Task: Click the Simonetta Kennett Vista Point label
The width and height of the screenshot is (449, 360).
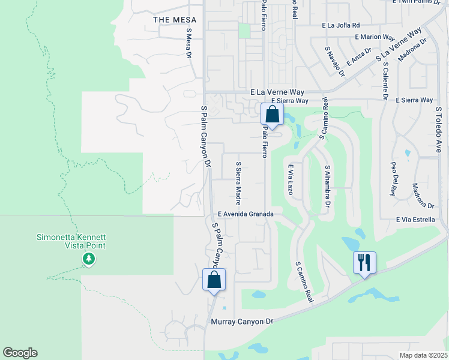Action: [x=70, y=241]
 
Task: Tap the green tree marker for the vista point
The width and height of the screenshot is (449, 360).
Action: [x=89, y=259]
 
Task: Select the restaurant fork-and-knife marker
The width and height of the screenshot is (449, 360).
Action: [x=364, y=263]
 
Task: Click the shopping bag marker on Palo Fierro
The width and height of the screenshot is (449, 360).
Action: [x=272, y=114]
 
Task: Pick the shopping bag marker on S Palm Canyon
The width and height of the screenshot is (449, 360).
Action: [x=214, y=280]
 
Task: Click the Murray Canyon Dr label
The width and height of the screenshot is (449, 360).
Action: [x=242, y=322]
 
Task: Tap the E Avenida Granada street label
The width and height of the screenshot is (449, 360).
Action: [x=246, y=214]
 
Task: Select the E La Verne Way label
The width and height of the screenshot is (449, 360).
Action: [x=277, y=92]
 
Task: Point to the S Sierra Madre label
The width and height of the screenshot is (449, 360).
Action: [x=238, y=183]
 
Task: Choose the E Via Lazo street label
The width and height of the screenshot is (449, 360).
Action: [x=290, y=180]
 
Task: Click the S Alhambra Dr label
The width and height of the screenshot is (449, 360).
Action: [x=328, y=187]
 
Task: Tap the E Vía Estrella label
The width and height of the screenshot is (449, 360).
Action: [x=415, y=220]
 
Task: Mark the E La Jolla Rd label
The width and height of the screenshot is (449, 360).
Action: [x=340, y=25]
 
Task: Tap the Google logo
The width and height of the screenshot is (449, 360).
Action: [x=20, y=353]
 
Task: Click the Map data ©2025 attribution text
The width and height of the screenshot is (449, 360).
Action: [x=423, y=355]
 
